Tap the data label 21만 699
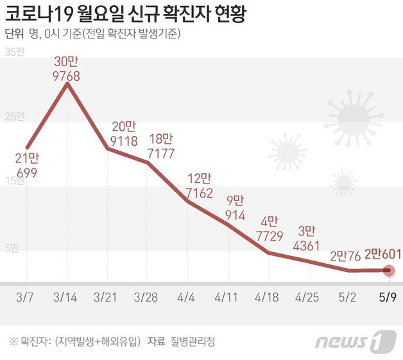27,166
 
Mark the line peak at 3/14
67,83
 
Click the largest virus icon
354,119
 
